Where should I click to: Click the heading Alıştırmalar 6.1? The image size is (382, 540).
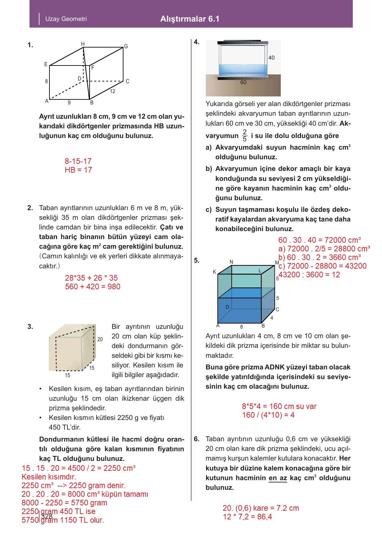coord(190,19)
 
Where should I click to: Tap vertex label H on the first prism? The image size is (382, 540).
coord(83,44)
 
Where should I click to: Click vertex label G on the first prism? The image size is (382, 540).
coord(126,47)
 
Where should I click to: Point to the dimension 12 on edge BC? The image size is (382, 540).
coord(113,91)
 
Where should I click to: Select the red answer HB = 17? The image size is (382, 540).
coord(78,170)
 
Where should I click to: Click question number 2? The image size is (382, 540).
coord(30,208)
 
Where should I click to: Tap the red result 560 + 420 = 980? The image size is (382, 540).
coord(93,287)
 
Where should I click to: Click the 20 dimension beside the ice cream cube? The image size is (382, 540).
coord(100,339)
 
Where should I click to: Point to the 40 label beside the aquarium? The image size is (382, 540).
coord(271,58)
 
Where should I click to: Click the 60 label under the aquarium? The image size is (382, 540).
coord(243,82)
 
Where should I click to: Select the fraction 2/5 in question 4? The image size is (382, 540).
coord(245,135)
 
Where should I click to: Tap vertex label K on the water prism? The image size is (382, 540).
coord(214,272)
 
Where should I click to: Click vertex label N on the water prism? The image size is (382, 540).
coord(231,262)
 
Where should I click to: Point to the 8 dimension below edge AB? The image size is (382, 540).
coord(242,327)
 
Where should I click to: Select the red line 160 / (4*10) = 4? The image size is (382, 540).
coord(268,415)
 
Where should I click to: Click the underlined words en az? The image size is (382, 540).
coord(277,478)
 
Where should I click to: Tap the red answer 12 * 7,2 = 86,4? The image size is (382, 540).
coord(247,517)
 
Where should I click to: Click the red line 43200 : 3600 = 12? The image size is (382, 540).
coord(309,275)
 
